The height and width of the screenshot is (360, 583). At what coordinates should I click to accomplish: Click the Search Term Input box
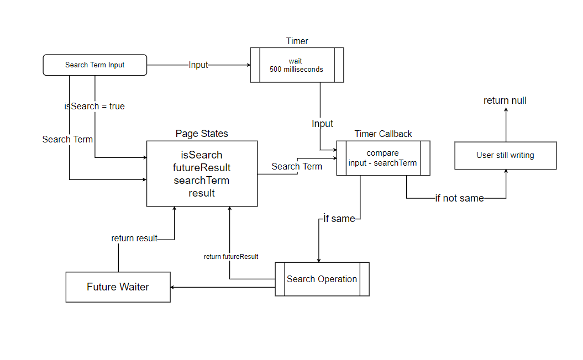95,65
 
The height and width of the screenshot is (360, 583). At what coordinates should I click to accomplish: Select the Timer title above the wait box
297,41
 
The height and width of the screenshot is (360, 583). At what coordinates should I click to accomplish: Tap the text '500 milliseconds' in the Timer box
296,70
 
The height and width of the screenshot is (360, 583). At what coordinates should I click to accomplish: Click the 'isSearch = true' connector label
94,106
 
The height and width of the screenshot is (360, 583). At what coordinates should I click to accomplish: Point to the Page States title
202,134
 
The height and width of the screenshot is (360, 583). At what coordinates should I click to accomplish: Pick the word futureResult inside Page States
202,167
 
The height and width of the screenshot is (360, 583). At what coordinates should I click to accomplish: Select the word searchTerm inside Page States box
202,181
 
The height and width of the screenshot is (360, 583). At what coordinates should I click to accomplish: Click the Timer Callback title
383,134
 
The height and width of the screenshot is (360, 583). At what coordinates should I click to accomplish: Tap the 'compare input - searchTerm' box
383,158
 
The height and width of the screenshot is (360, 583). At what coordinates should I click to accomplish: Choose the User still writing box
505,155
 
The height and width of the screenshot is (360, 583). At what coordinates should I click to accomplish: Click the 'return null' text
505,100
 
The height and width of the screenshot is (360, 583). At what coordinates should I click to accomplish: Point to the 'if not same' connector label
459,198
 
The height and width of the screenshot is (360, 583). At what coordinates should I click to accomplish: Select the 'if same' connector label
339,219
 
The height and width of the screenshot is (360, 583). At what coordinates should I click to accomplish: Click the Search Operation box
322,279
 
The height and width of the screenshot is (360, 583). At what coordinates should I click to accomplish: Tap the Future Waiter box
118,287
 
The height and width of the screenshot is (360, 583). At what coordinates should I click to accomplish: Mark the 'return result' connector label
134,239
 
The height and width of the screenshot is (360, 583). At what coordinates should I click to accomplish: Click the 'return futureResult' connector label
231,257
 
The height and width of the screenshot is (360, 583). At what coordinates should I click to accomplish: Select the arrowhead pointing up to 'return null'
505,110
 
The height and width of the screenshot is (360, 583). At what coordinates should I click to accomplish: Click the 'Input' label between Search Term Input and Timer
198,65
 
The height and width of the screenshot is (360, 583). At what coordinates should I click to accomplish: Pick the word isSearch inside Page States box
202,155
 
